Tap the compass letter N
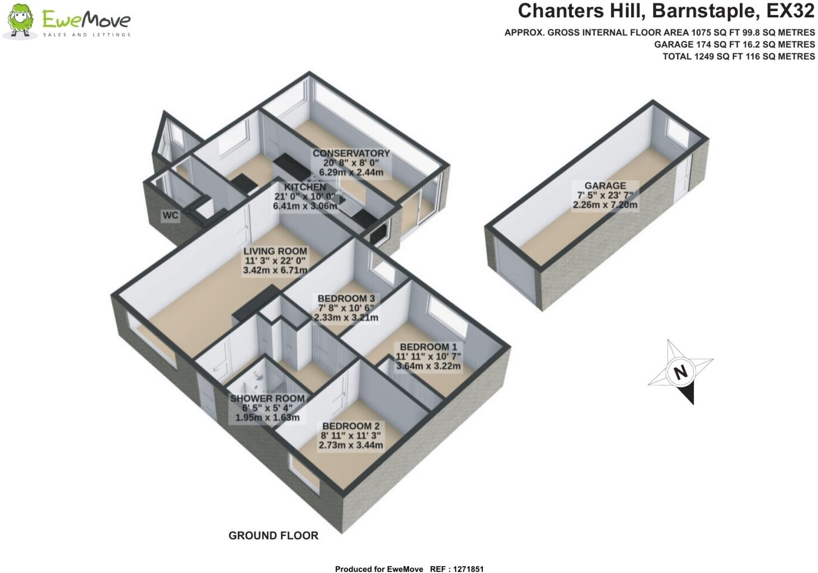[680, 373]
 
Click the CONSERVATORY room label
[351, 153]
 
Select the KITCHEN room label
[304, 187]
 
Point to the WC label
[171, 215]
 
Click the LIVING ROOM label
[275, 251]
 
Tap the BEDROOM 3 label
[346, 298]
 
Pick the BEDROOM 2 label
[351, 426]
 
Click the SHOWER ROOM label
[267, 398]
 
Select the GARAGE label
[605, 186]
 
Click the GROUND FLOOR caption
[273, 536]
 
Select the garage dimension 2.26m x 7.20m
[605, 205]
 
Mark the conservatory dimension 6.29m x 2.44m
[351, 172]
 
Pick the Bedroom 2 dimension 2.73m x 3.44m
[351, 445]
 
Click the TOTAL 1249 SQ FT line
[738, 57]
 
